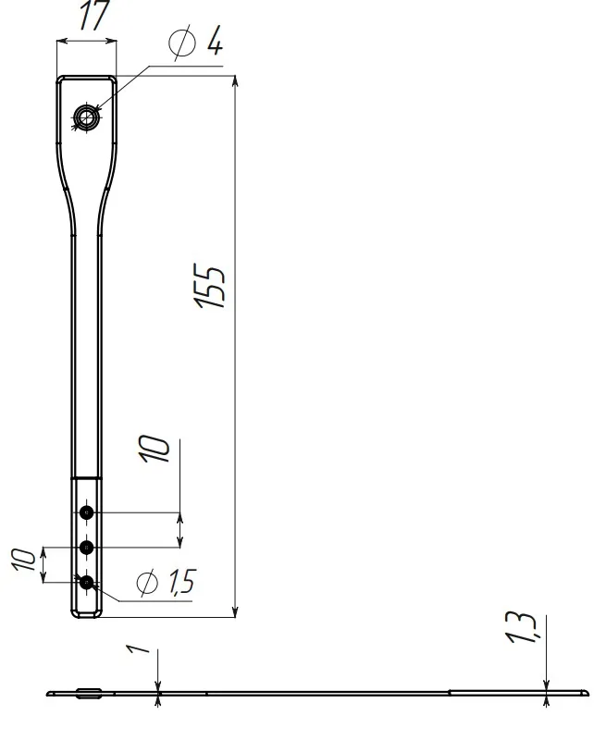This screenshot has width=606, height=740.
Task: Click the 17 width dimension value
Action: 95,15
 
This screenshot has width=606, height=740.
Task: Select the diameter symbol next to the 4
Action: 181,43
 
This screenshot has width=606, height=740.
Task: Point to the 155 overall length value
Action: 209,286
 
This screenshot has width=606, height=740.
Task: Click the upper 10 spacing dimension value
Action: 155,449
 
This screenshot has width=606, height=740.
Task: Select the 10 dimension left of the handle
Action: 24,560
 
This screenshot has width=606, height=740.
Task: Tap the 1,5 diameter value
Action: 180,581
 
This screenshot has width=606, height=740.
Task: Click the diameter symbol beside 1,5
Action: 147,583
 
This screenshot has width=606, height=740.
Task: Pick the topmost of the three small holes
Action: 86,512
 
